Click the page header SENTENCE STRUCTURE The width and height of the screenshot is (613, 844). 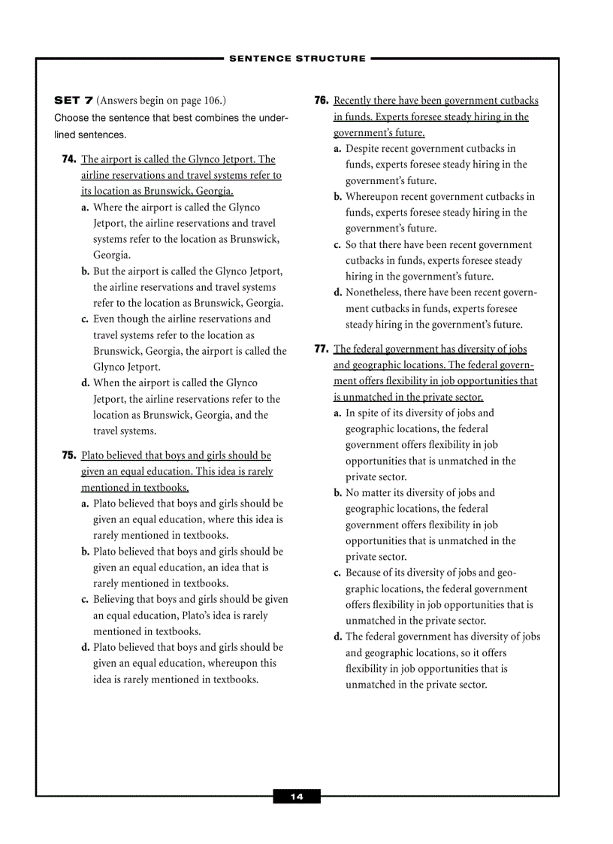tap(297, 58)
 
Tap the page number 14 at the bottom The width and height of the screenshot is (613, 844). tap(297, 797)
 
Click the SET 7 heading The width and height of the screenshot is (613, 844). tap(74, 101)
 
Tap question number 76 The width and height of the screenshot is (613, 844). tap(322, 101)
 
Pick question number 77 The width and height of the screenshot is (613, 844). tap(322, 349)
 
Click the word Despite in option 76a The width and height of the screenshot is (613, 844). tap(363, 149)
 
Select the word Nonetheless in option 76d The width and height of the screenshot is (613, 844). tap(373, 292)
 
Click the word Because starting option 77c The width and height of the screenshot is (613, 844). tap(364, 573)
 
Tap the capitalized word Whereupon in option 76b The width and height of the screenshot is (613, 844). tap(371, 197)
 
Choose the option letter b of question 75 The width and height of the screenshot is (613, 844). tap(86, 552)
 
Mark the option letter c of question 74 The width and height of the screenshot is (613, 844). tap(85, 319)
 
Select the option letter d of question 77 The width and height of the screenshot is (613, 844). tap(338, 637)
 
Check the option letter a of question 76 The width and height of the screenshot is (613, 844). tap(338, 149)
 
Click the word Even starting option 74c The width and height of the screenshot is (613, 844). tap(105, 319)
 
